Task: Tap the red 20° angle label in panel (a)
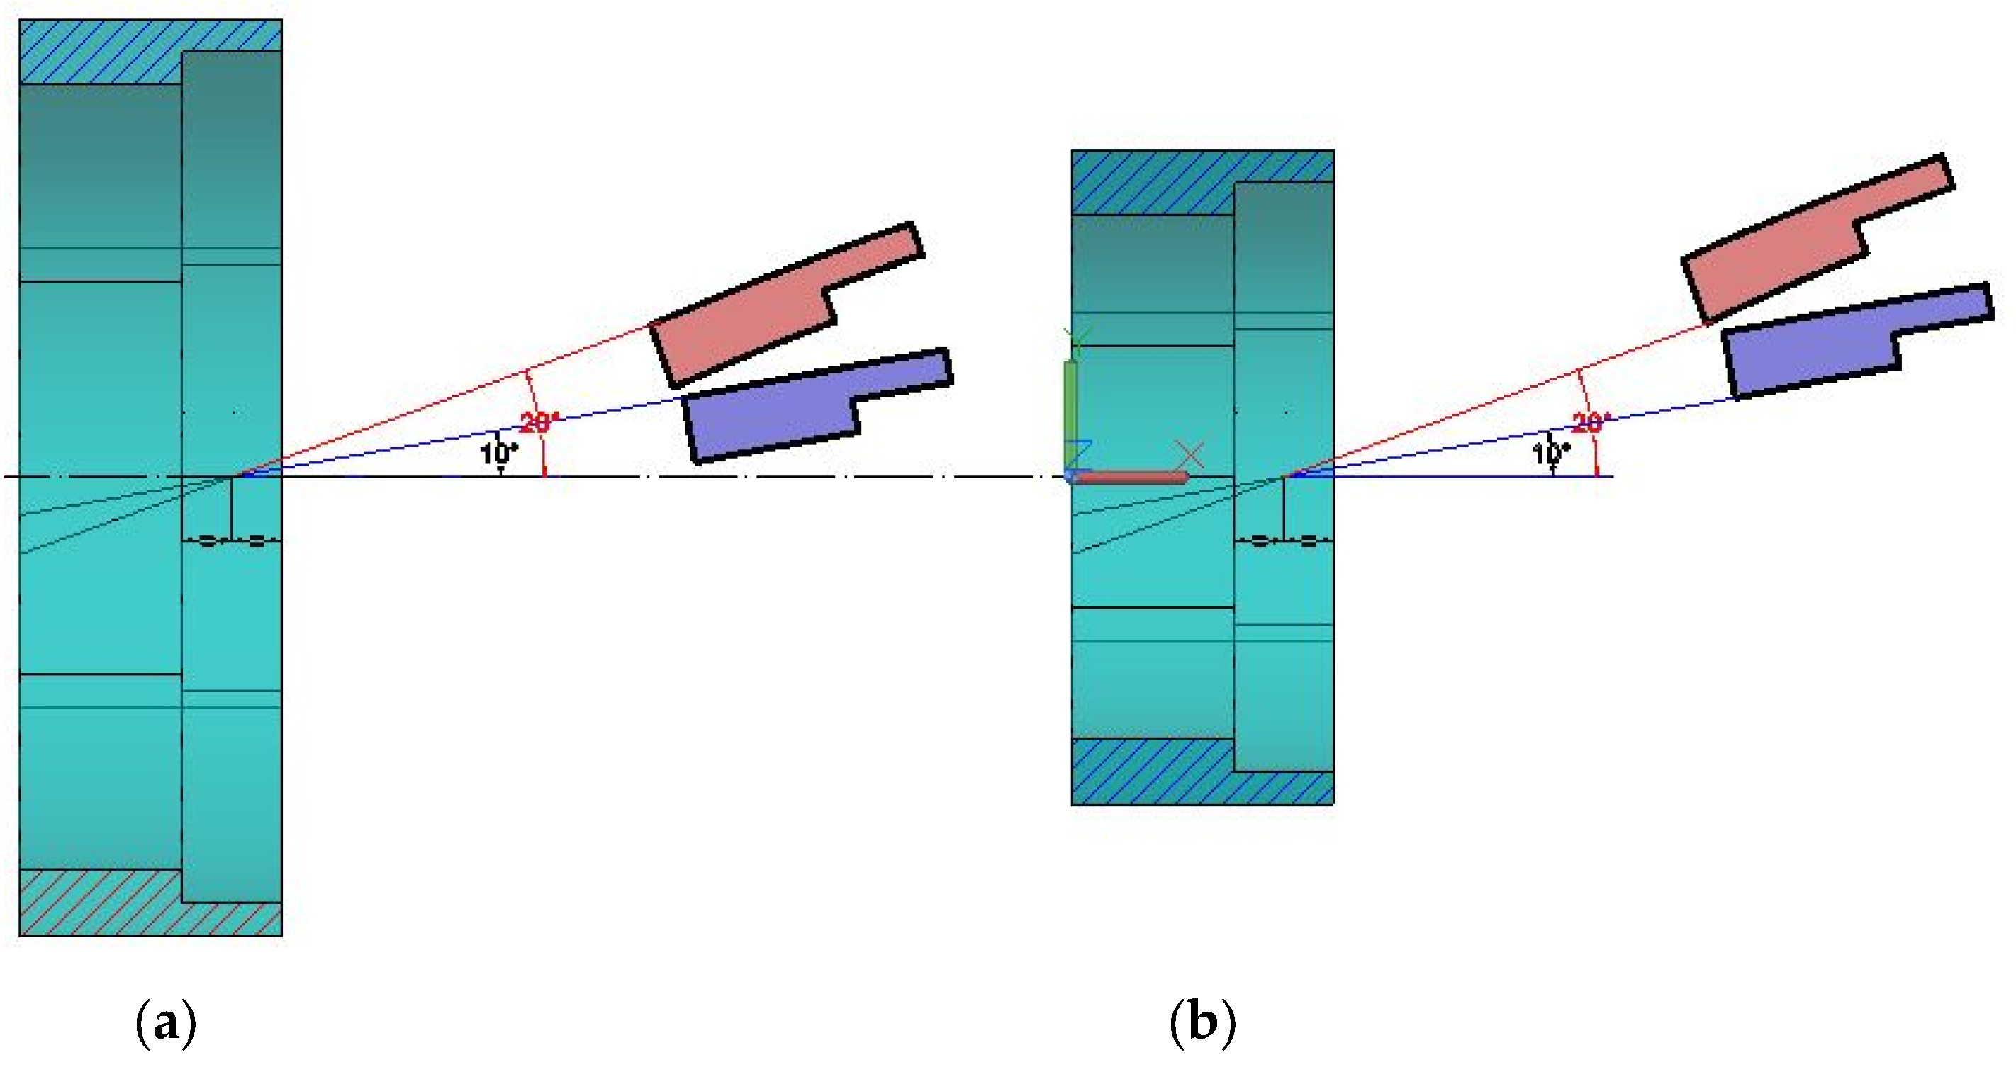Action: (x=539, y=423)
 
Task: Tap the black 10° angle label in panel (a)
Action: (x=498, y=453)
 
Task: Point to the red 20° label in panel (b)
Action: (x=1592, y=423)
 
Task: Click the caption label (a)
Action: (x=166, y=1024)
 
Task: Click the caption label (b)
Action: (x=1203, y=1024)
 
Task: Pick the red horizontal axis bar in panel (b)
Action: (x=1131, y=478)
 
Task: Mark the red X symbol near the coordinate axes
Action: (x=1190, y=456)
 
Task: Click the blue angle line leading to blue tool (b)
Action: (x=1511, y=438)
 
